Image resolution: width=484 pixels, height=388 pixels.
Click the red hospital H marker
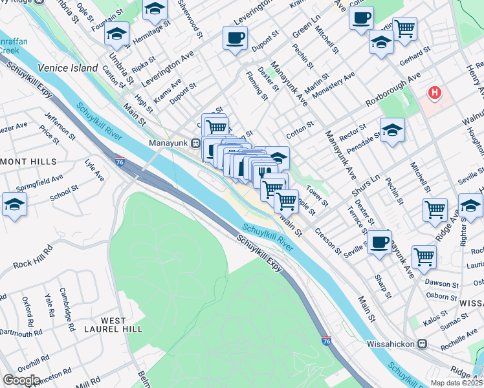(x=435, y=93)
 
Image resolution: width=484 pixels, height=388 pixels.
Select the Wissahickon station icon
(x=423, y=343)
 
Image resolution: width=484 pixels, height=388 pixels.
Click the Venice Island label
(x=67, y=68)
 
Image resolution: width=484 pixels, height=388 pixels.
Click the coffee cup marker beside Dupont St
(x=235, y=38)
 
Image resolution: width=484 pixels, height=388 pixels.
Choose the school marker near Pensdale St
(x=392, y=129)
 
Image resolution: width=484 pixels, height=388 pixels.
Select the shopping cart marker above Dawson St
(x=424, y=255)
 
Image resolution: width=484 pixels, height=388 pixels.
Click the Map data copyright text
(x=456, y=383)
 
